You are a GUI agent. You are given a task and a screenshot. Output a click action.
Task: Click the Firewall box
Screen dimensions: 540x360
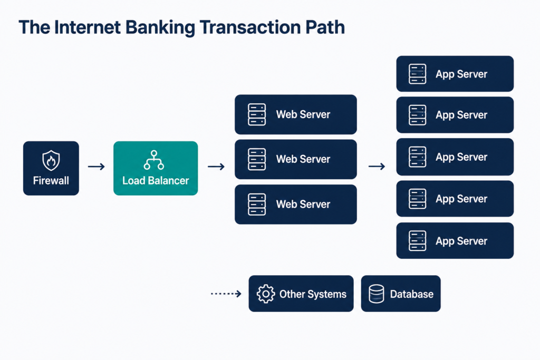pyautogui.click(x=51, y=168)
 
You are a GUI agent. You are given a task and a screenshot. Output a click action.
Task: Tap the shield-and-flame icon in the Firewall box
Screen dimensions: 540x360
pyautogui.click(x=51, y=160)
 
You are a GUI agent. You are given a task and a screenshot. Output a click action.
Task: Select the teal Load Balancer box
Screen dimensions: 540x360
pyautogui.click(x=156, y=168)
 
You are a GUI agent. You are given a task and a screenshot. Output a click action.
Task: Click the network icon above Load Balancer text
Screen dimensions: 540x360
pyautogui.click(x=154, y=160)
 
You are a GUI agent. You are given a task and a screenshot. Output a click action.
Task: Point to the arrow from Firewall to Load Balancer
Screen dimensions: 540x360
pyautogui.click(x=97, y=167)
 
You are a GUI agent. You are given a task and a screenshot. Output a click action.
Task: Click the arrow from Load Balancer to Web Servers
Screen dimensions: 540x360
pyautogui.click(x=216, y=167)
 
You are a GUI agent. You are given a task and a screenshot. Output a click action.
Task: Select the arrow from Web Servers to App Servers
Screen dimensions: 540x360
pyautogui.click(x=377, y=167)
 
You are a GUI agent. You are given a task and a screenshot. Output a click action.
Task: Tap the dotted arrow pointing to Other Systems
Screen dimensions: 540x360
pyautogui.click(x=226, y=294)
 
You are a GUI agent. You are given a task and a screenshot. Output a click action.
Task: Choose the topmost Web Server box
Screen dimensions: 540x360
pyautogui.click(x=296, y=114)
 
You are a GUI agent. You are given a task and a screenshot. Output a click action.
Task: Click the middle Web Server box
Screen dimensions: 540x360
pyautogui.click(x=296, y=159)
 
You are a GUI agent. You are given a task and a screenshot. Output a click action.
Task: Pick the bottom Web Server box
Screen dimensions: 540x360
pyautogui.click(x=296, y=205)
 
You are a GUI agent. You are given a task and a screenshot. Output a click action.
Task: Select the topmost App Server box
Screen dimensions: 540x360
pyautogui.click(x=455, y=74)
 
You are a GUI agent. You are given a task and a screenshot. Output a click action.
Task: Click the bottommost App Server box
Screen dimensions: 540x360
pyautogui.click(x=455, y=240)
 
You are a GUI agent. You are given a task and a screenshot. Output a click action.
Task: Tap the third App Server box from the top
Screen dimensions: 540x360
pyautogui.click(x=455, y=157)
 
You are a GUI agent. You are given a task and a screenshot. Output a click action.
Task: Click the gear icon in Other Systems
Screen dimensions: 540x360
pyautogui.click(x=266, y=294)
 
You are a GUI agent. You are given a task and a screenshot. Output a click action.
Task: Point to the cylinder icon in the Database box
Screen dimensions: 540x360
pyautogui.click(x=377, y=294)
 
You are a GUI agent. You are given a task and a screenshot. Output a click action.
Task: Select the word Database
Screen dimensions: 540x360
pyautogui.click(x=411, y=294)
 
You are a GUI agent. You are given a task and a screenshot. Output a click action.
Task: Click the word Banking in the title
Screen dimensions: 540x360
pyautogui.click(x=160, y=27)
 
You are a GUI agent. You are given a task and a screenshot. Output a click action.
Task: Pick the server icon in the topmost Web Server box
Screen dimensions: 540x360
pyautogui.click(x=257, y=114)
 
